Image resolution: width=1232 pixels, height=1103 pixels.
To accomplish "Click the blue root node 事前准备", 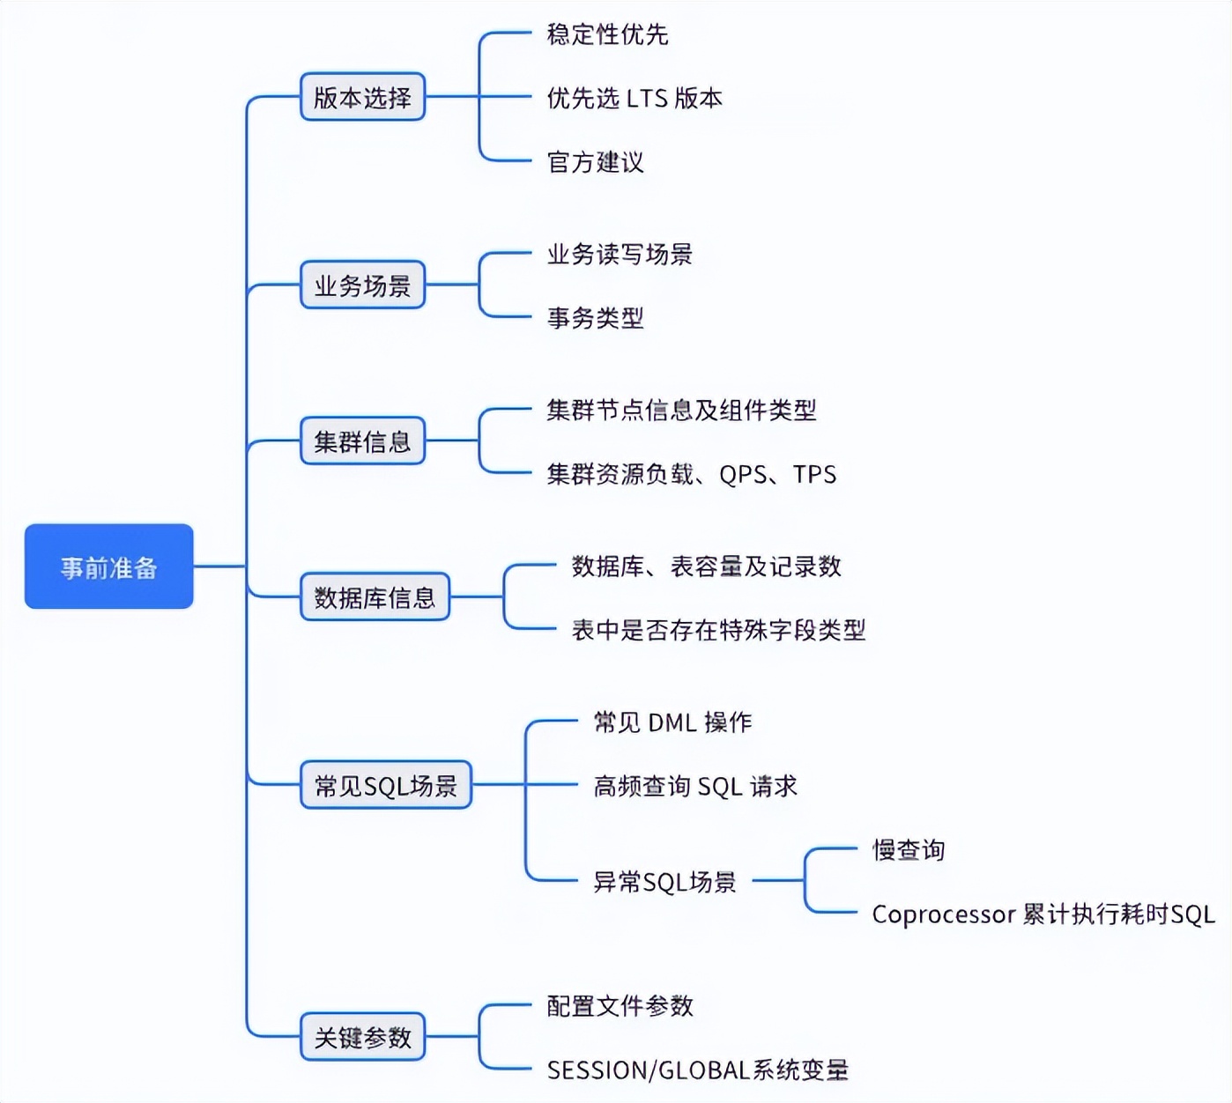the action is (x=109, y=566).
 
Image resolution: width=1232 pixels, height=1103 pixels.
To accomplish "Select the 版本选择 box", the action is (x=362, y=97).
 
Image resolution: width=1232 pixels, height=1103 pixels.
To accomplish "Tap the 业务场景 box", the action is (x=362, y=285).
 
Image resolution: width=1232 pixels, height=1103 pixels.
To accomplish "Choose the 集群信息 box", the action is (x=362, y=440).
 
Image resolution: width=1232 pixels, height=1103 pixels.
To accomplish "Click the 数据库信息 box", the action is (x=375, y=596).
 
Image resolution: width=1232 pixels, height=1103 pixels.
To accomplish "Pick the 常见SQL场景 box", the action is (x=386, y=784).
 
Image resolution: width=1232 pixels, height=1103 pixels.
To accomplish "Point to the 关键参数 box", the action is (x=362, y=1037).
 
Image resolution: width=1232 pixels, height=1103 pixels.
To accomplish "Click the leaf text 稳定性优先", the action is (x=607, y=34).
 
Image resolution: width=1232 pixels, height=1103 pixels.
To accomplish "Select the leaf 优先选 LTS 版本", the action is (x=635, y=98).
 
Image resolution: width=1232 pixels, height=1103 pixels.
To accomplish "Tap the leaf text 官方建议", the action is (x=596, y=162).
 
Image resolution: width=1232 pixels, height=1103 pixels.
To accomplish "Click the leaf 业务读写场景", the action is (x=620, y=254).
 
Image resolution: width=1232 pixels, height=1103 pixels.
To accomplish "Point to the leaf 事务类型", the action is (x=596, y=317).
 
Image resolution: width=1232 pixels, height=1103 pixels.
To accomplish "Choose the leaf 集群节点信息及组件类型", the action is (x=681, y=410).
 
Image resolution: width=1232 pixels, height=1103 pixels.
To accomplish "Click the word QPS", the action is (x=743, y=474).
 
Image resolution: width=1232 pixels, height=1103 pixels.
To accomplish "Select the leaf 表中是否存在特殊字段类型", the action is (x=718, y=629).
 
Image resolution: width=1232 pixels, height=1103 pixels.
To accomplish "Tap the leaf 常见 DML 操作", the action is (x=672, y=722).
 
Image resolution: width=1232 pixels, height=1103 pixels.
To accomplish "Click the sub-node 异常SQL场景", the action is (x=664, y=881).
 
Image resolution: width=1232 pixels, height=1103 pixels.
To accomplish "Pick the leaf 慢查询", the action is (x=909, y=849).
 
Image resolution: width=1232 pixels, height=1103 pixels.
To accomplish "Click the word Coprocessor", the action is (x=944, y=914).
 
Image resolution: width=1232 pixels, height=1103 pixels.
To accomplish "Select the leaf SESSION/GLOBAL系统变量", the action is (x=697, y=1070).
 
